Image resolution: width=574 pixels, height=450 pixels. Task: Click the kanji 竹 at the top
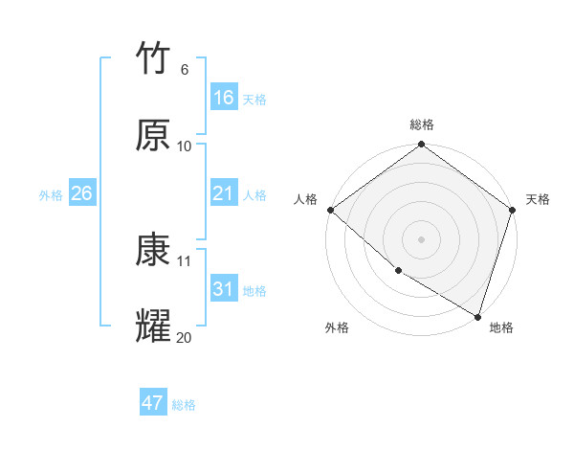(153, 58)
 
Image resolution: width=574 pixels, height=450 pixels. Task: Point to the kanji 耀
(153, 326)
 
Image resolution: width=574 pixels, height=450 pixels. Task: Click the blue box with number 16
(223, 98)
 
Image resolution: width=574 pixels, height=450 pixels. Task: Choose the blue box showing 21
(223, 193)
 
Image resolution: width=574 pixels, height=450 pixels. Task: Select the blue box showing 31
(223, 289)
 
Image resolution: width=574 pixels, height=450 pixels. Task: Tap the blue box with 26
(81, 193)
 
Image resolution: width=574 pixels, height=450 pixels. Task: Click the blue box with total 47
(153, 403)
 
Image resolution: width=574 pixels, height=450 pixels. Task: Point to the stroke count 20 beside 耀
(184, 337)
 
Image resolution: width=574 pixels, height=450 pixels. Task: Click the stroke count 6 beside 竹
(184, 70)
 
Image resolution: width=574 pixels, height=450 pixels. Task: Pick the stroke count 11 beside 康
(184, 260)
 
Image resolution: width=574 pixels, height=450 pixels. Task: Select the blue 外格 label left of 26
(51, 195)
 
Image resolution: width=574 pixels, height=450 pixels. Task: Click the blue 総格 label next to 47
(184, 405)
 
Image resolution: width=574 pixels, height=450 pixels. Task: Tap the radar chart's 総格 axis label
(422, 124)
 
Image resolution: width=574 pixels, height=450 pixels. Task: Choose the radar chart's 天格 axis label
(538, 199)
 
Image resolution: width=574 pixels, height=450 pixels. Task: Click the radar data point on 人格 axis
(330, 210)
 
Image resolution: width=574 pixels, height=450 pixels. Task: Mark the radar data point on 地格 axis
(477, 315)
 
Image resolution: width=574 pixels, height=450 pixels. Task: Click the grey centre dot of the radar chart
(422, 238)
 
